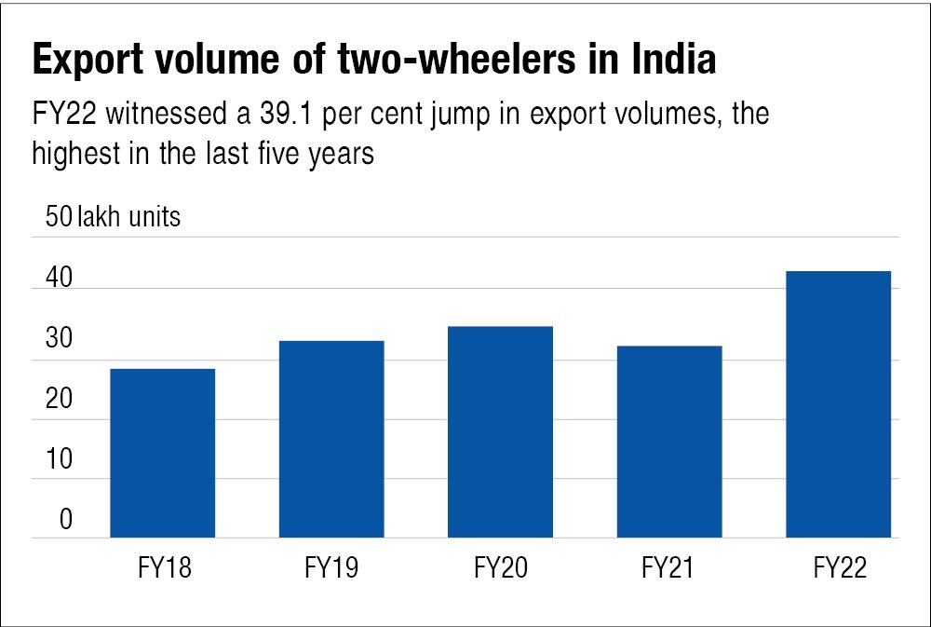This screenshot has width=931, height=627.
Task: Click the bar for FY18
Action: (163, 453)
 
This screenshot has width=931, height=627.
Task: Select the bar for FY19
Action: (331, 439)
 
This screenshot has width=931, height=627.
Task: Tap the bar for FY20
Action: (501, 431)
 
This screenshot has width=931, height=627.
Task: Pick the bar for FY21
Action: (669, 442)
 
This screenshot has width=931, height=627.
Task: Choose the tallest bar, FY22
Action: (839, 403)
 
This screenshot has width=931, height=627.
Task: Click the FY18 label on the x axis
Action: (163, 567)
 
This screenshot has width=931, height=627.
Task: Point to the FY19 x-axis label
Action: (331, 567)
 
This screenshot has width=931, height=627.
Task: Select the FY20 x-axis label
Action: (501, 567)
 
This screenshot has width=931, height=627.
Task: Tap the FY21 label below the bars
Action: (669, 567)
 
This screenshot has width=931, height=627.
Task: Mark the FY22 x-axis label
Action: (839, 567)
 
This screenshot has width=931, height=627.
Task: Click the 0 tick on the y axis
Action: (66, 520)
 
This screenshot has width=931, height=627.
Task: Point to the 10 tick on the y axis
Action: (60, 460)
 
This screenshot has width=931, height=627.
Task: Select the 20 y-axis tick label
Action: (60, 401)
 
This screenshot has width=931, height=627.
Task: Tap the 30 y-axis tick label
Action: (60, 340)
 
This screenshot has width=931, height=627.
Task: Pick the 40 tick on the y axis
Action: (60, 279)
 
